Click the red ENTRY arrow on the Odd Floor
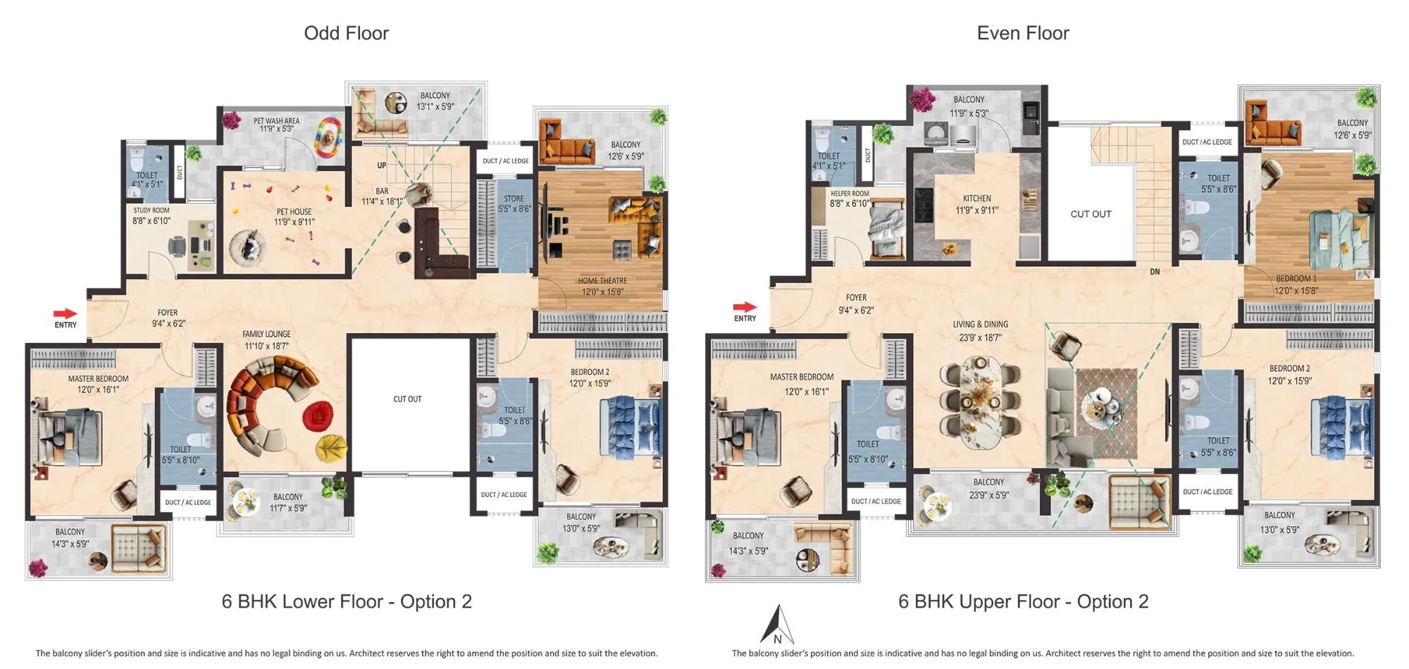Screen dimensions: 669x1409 point(65,313)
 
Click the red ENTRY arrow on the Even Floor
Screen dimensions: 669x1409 point(744,307)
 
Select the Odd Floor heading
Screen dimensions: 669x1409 point(346,33)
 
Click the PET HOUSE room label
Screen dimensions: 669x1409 point(294,212)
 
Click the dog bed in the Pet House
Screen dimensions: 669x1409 point(248,248)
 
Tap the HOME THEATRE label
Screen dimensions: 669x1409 point(602,281)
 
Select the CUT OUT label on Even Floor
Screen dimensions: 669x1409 point(1091,214)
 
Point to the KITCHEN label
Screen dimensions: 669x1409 point(976,199)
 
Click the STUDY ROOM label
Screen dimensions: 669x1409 point(151,211)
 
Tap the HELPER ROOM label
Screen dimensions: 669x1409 point(850,194)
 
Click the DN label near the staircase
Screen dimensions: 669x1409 point(1155,272)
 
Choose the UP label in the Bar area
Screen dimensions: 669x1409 point(381,165)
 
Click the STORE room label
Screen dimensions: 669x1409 point(514,199)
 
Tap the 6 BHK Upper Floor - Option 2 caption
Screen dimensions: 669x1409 point(1023,601)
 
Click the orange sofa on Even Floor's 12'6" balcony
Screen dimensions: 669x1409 point(1272,126)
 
